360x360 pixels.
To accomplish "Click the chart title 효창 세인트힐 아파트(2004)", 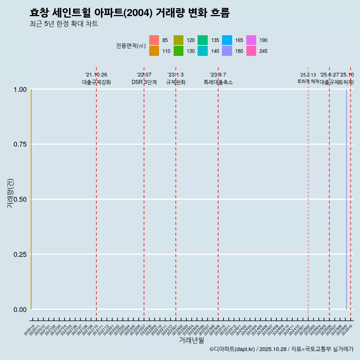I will click(129, 13).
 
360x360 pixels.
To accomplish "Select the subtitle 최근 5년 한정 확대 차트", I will click(64, 24).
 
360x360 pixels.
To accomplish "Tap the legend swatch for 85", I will click(154, 40).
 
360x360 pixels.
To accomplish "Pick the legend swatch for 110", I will click(154, 51).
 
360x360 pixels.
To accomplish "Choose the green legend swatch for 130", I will click(178, 51).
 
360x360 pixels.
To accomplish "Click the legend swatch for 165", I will click(227, 40).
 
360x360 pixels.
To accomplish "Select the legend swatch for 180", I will click(227, 51).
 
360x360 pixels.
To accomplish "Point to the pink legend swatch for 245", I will click(251, 51).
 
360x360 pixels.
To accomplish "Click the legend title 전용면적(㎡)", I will click(130, 46).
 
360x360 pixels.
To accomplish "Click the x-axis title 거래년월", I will click(192, 340).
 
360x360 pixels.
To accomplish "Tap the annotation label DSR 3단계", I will click(144, 82).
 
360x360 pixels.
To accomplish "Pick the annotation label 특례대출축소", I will click(218, 82).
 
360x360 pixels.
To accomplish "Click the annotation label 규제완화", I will click(175, 82).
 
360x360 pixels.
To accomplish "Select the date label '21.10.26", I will click(96, 75).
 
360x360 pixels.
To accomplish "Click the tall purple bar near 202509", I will click(346, 199).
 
